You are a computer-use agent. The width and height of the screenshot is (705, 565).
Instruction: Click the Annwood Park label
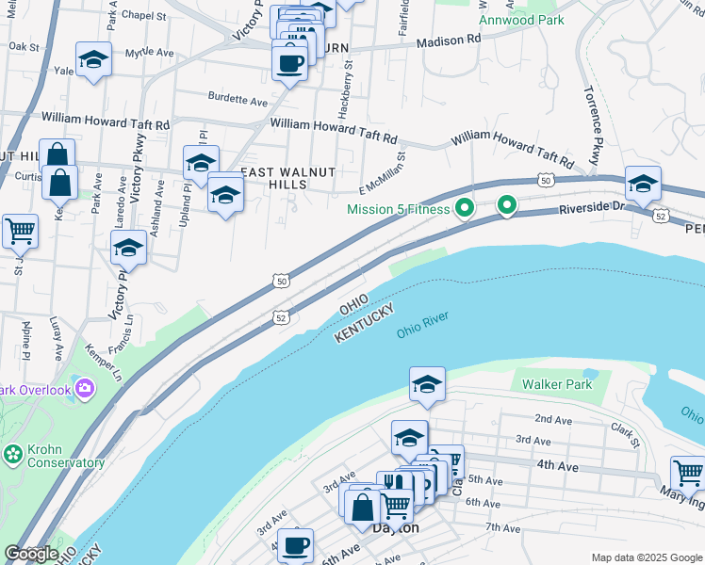(521, 19)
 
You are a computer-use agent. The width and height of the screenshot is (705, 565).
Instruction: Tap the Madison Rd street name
(449, 40)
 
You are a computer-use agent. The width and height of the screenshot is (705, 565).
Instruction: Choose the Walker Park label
(557, 384)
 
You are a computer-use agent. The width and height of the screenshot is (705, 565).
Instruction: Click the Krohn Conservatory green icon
(12, 454)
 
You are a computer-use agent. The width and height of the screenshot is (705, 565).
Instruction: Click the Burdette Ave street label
(238, 99)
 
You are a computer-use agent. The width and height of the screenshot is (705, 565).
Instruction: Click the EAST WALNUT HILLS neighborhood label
(287, 178)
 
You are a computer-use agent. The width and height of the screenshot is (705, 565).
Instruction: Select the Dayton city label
(396, 528)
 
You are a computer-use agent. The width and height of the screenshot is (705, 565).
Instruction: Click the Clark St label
(624, 435)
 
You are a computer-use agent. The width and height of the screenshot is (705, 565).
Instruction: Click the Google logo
(32, 554)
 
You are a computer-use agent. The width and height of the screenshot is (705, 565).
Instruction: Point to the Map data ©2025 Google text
(646, 557)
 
